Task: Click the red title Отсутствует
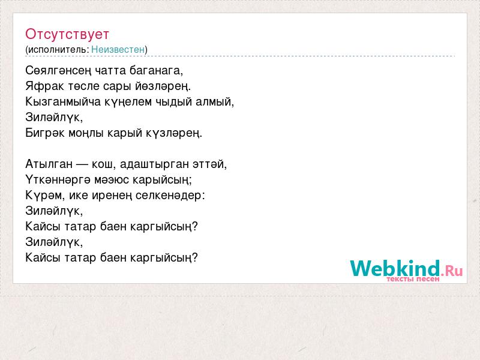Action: coord(67,34)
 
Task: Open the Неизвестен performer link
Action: coord(118,50)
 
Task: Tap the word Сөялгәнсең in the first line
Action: coord(58,71)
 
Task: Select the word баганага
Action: coord(156,71)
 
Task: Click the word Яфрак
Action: coord(44,86)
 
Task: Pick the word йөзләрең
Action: coord(163,86)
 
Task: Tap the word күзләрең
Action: coord(174,133)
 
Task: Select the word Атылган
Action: coord(49,164)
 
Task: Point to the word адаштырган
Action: coord(154,164)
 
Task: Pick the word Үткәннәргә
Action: coord(58,179)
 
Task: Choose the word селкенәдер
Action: coord(170,196)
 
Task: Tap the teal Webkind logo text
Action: coord(395,268)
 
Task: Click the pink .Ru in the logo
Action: coord(452,271)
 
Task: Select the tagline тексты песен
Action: coord(413,279)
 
